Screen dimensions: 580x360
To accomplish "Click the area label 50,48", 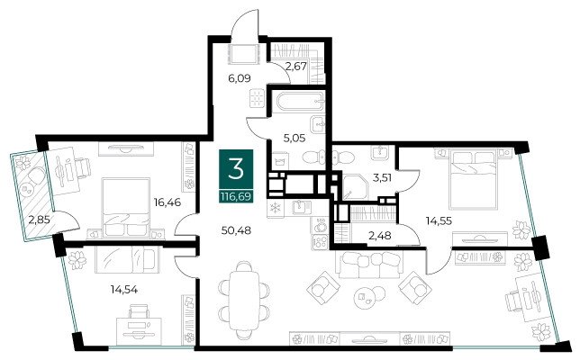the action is click(236, 230).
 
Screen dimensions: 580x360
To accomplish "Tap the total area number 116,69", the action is click(236, 196).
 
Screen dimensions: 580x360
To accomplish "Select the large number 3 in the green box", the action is click(236, 167).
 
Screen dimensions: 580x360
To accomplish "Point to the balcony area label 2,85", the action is click(40, 220).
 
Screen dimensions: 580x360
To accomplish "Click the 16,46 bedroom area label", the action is click(168, 202).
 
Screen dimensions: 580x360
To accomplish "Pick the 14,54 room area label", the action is click(124, 290).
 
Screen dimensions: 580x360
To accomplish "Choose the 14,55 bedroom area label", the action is click(439, 221).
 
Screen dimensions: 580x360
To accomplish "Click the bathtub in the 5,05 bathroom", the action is click(301, 102).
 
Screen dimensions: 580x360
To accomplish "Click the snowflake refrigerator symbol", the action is click(275, 208).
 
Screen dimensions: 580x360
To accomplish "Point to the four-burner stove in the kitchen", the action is click(320, 242).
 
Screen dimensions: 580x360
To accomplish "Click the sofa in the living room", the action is click(370, 265).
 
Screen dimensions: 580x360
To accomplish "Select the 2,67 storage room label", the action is click(296, 67).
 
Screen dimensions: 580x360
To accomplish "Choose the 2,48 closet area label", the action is click(380, 235).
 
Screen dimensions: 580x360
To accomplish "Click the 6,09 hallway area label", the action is click(240, 78).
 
